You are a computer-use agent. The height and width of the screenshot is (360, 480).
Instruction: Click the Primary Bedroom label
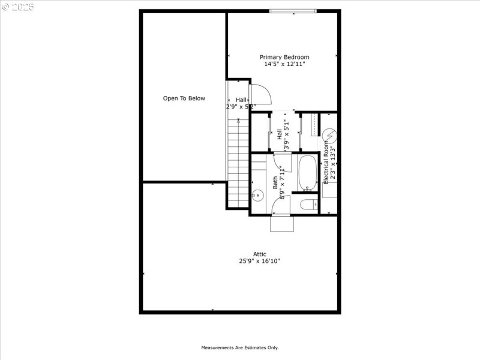click(284, 57)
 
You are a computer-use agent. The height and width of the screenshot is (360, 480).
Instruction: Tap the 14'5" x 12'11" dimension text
click(284, 64)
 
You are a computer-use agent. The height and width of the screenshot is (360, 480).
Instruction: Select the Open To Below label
click(184, 98)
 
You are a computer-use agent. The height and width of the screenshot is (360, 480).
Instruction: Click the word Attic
click(259, 254)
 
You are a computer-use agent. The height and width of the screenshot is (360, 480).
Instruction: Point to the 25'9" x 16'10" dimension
click(259, 261)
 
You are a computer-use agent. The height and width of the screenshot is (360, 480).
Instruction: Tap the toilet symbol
click(307, 205)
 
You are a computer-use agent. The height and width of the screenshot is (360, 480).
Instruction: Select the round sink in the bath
click(257, 195)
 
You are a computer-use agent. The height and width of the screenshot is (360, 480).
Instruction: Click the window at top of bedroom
click(292, 11)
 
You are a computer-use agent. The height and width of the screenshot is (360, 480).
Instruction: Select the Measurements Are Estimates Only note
click(239, 347)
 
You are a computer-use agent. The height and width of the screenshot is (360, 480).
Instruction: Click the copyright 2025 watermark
click(19, 8)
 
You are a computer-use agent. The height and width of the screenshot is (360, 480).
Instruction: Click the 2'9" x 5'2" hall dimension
click(241, 107)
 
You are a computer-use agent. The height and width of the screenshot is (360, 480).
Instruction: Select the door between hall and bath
click(282, 161)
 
